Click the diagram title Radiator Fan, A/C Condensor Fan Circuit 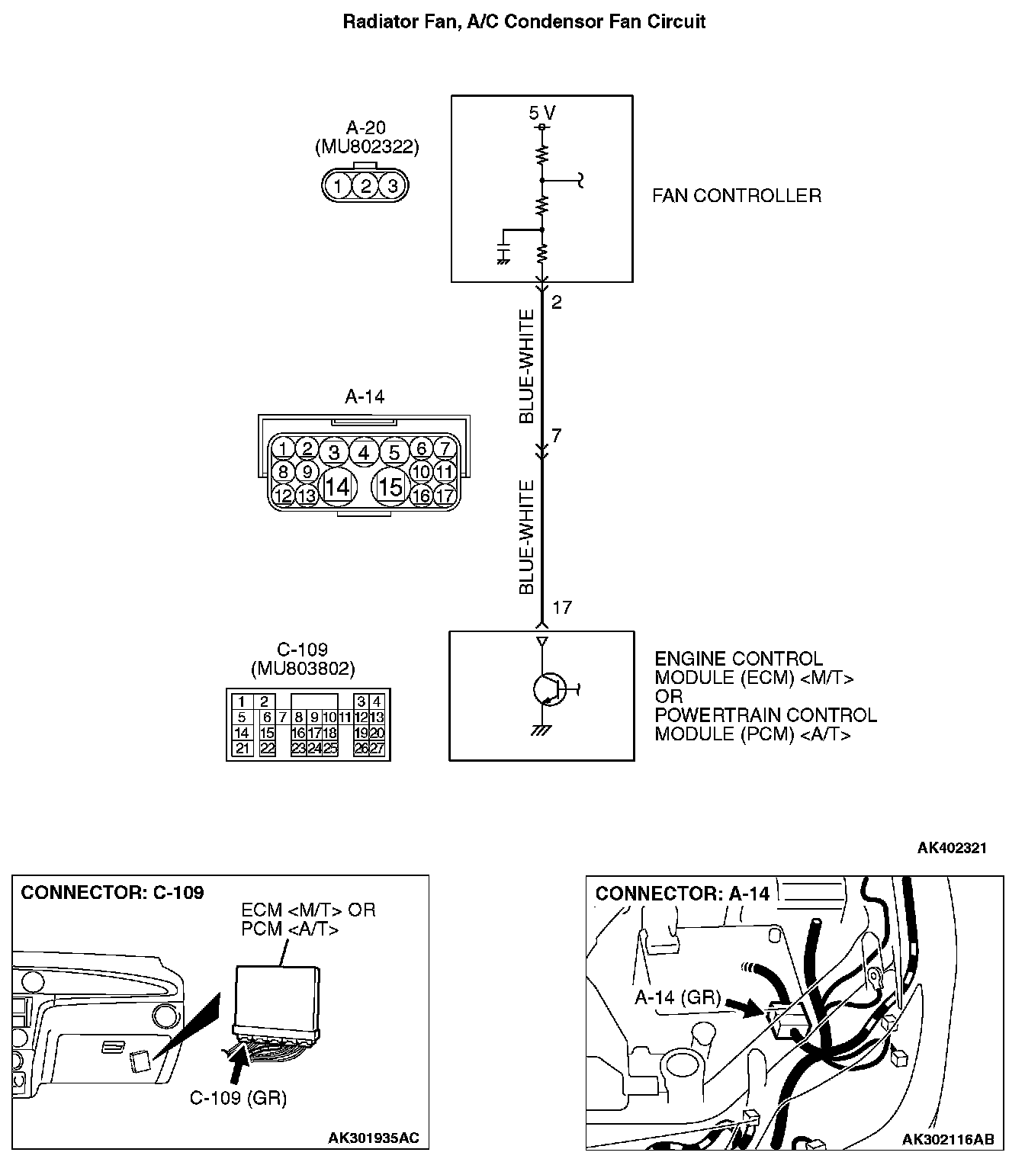524,21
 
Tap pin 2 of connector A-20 366,185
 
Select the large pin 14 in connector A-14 337,486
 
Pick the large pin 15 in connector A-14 391,486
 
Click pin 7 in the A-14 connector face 445,449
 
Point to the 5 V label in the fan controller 542,114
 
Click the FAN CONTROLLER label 737,196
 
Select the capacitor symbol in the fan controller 503,252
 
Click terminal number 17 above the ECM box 562,608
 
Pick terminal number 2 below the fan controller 557,303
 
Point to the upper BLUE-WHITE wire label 527,367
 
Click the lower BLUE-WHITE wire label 527,538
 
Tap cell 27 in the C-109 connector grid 377,749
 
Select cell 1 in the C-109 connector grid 242,702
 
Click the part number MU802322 367,147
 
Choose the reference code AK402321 952,848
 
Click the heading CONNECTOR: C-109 113,893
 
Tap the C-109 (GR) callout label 238,1098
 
